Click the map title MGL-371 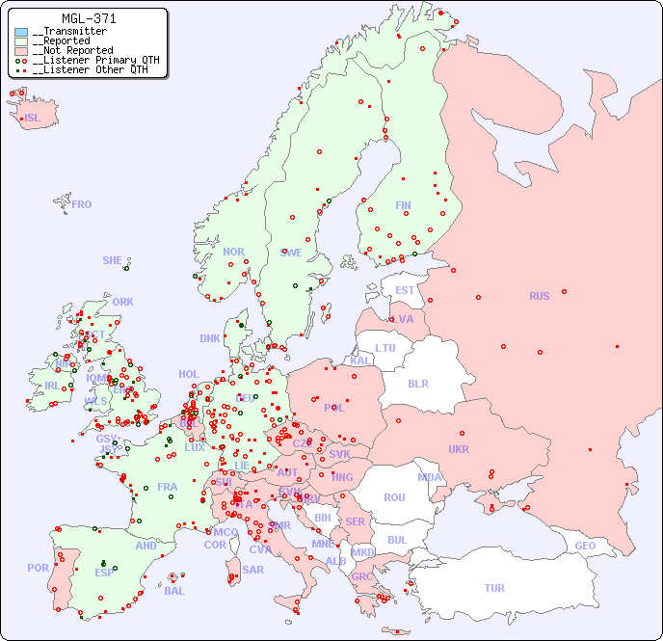pos(89,18)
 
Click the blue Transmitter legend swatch pos(21,32)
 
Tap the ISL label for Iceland pos(33,119)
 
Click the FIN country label pos(403,205)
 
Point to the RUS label pos(539,296)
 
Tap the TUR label pos(494,588)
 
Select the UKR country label pos(459,449)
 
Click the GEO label pos(585,546)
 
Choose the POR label pos(38,568)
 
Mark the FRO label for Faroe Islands pos(82,204)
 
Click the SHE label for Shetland pos(112,260)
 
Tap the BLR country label pos(417,383)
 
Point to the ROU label pos(394,497)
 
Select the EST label pos(405,290)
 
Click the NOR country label pos(233,252)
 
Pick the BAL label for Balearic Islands pos(173,591)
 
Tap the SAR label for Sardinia pos(252,570)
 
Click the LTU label pos(385,348)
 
